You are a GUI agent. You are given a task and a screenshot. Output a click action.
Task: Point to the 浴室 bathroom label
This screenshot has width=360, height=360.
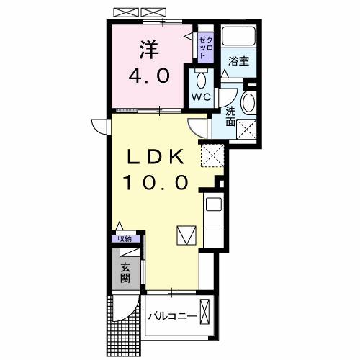239,61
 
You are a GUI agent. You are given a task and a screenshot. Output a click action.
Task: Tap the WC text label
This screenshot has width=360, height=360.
201,96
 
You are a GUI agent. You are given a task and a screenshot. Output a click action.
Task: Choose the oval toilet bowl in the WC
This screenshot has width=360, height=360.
201,78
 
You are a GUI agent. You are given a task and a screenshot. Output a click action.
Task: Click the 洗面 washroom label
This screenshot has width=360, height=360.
230,117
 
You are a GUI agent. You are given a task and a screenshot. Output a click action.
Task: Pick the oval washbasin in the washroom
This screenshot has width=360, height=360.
249,104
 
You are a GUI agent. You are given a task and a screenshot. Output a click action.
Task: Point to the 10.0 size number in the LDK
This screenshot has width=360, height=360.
159,183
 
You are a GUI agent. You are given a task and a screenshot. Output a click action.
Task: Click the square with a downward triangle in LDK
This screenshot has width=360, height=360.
186,235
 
